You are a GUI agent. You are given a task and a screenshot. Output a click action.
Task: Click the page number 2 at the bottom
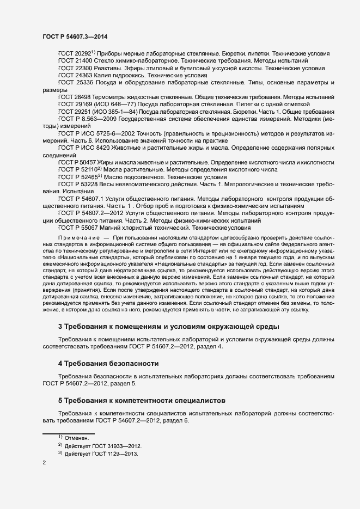point(44,464)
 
